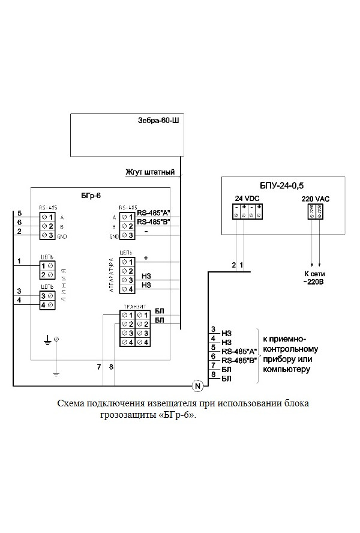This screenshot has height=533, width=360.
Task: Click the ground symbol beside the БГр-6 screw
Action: (x=47, y=342)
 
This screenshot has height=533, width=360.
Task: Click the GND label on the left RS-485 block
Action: (x=62, y=236)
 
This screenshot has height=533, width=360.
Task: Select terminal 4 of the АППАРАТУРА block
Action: (x=127, y=290)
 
